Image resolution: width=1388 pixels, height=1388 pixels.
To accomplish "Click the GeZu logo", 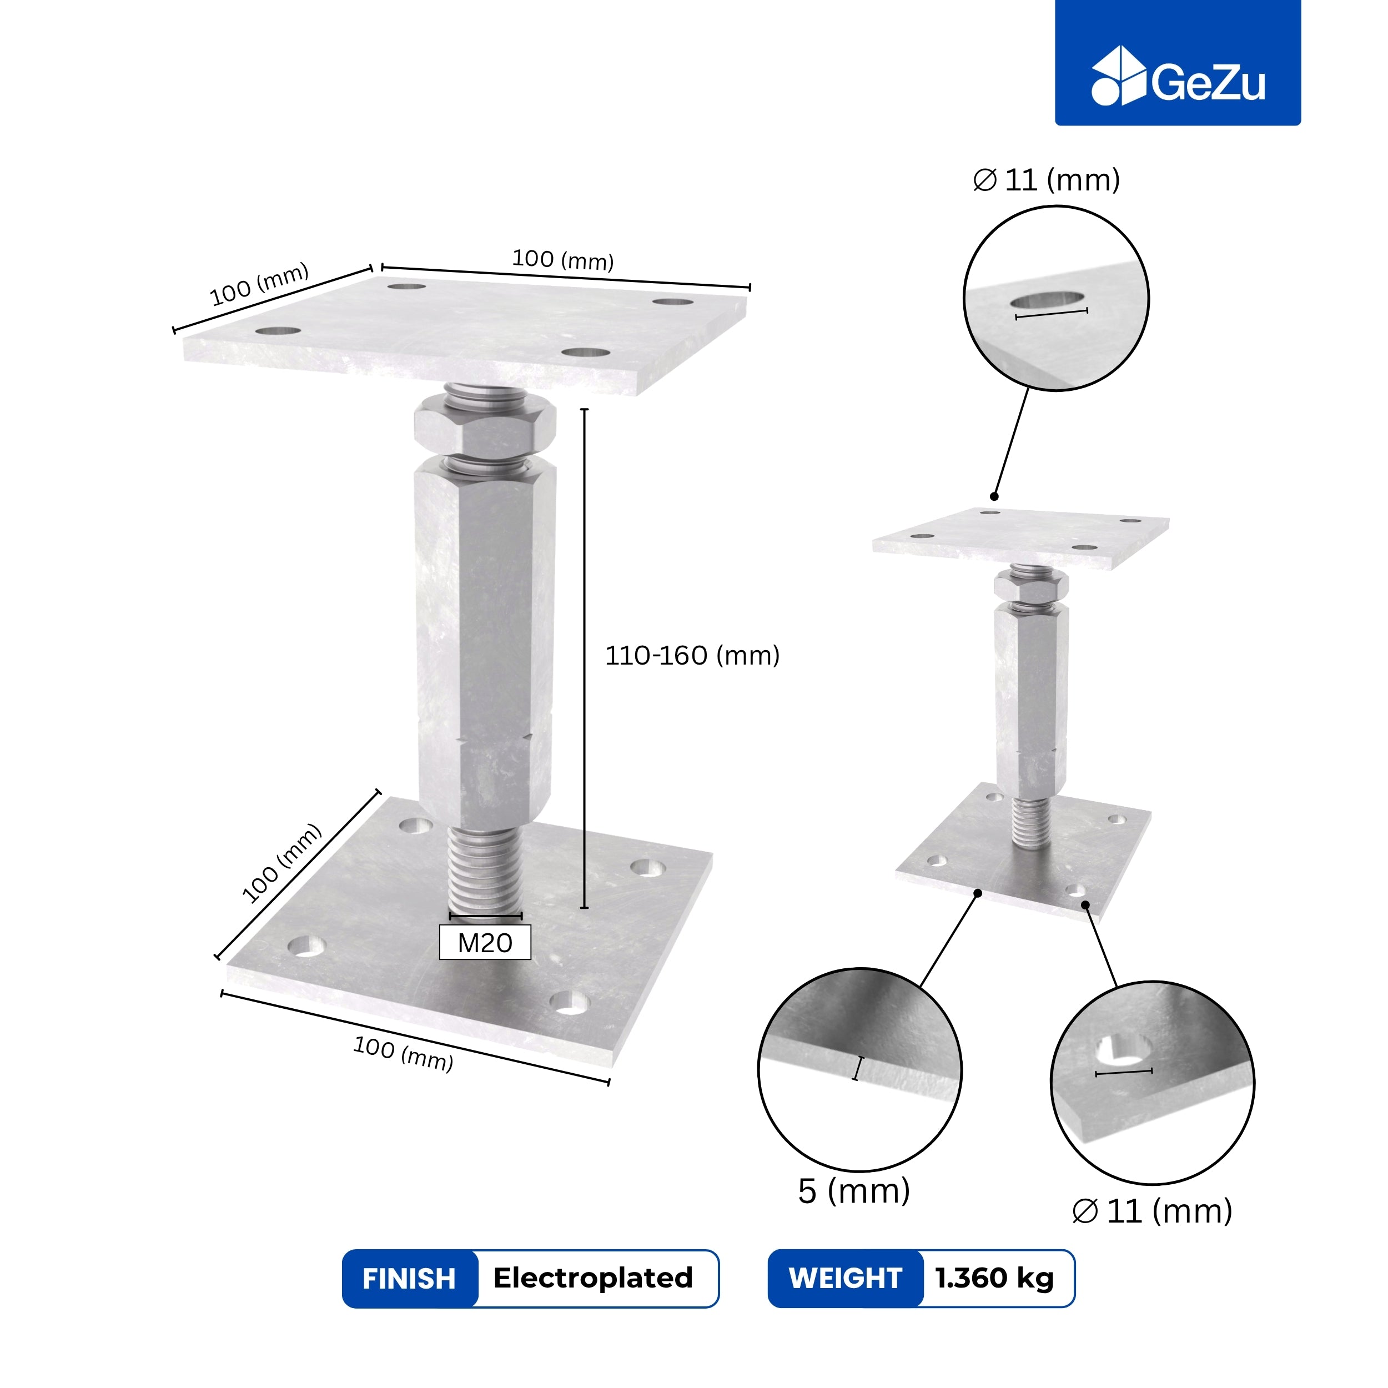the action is tap(1178, 76).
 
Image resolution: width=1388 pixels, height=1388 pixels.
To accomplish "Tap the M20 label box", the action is tap(485, 943).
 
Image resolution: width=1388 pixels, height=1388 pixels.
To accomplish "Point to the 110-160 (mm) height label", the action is tap(692, 655).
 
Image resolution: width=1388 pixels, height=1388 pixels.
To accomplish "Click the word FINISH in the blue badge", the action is tap(409, 1279).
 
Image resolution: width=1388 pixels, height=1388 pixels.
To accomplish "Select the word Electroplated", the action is tap(593, 1278).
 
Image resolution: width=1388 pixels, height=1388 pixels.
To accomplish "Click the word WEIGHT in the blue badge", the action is tap(845, 1279).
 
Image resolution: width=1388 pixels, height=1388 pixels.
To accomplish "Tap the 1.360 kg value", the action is tap(994, 1279).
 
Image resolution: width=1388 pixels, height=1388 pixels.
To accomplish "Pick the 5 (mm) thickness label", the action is tap(853, 1191).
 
